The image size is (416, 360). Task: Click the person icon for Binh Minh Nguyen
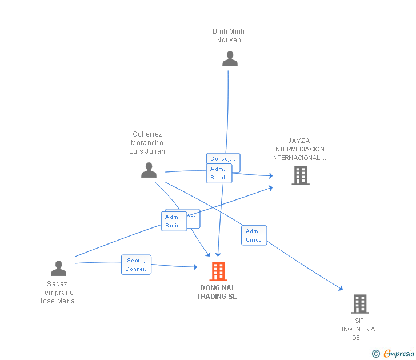230,59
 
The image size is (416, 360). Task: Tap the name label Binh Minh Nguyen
228,35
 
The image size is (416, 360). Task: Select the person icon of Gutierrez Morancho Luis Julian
149,170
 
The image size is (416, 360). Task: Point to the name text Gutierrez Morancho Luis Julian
147,143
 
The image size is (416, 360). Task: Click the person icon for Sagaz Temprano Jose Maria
58,268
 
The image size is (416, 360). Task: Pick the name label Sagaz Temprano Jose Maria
57,293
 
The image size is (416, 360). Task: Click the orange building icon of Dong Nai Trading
218,271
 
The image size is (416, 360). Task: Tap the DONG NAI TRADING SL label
217,292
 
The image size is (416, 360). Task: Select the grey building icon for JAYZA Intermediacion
301,175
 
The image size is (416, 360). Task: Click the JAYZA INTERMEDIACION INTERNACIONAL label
299,149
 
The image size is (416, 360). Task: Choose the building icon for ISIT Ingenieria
359,304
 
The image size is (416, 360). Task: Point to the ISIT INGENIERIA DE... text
358,329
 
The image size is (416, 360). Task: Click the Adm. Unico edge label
254,235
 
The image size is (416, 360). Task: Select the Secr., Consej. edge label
136,265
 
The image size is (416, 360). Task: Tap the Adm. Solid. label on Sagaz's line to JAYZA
173,221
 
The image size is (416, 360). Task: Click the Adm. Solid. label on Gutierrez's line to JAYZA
219,173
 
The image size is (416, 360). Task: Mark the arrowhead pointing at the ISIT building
341,289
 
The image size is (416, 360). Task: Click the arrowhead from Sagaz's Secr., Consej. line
195,267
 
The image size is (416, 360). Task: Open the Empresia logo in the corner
399,354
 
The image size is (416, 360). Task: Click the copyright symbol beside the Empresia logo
376,354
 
